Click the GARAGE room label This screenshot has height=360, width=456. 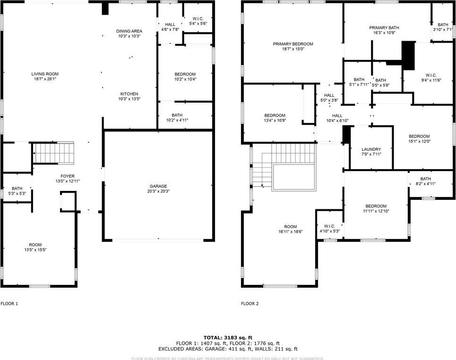tap(158, 186)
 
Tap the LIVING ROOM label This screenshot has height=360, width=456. tap(45, 74)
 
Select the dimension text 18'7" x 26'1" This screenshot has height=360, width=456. tap(45, 79)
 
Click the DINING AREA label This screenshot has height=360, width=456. tap(129, 31)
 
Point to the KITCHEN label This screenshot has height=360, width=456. tap(129, 94)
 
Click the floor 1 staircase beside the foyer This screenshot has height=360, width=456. tap(54, 153)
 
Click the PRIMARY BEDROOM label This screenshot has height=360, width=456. tap(293, 44)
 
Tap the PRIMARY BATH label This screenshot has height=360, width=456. tap(381, 28)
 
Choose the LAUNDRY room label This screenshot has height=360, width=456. tap(371, 149)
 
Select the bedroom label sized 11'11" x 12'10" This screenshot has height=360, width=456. tap(376, 206)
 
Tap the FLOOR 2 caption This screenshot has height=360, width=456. tap(250, 304)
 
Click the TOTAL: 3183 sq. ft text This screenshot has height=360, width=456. tap(227, 337)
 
